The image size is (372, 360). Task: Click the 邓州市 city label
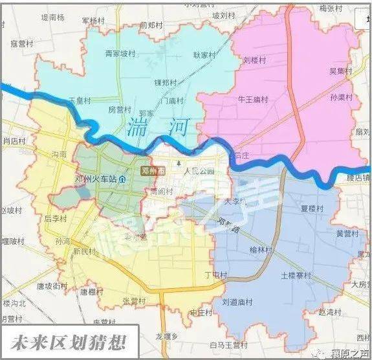tap(153, 170)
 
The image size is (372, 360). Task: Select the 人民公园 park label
tap(199, 172)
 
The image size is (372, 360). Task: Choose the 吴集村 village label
tap(340, 71)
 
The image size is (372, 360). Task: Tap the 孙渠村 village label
tap(341, 98)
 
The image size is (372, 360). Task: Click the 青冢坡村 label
tap(121, 54)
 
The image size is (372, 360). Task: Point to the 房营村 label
tap(120, 109)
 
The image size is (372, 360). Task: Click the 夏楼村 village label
tap(312, 208)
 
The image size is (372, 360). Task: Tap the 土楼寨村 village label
tap(296, 275)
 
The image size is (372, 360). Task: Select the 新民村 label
tap(85, 251)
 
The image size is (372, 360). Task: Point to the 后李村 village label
tap(56, 218)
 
